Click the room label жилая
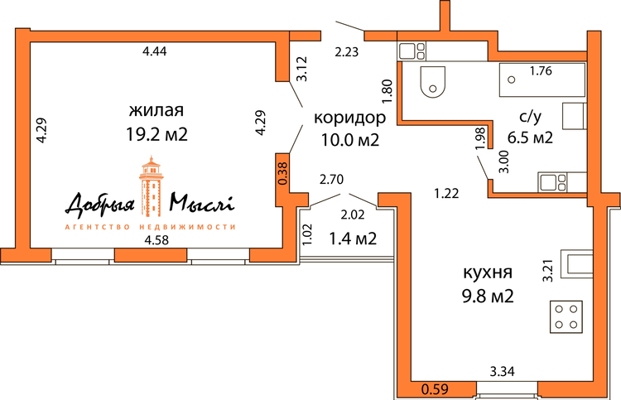click(156, 110)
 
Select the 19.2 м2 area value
click(156, 135)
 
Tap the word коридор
click(349, 118)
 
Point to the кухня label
click(488, 272)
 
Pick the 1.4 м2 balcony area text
click(353, 239)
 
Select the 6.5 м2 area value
click(530, 137)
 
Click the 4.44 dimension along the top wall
click(155, 51)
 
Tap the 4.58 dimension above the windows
click(156, 240)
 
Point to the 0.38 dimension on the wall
click(283, 174)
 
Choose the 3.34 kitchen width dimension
click(503, 372)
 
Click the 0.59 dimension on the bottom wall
click(435, 389)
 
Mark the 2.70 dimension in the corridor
click(331, 180)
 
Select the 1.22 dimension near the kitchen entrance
click(446, 193)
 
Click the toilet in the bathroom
click(433, 82)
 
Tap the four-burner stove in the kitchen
click(566, 316)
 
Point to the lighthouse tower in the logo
click(151, 186)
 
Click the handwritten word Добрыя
click(100, 205)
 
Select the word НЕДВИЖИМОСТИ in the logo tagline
click(187, 227)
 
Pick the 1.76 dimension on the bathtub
click(541, 71)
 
